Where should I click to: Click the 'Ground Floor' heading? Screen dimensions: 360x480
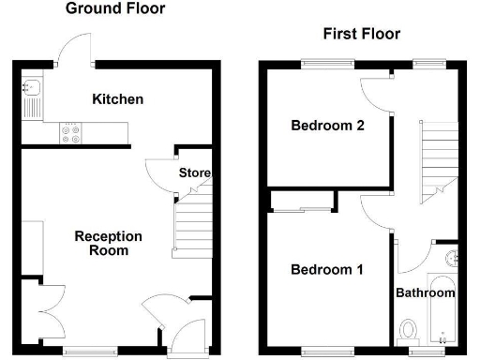(x=116, y=9)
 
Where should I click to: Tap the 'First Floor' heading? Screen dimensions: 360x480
(x=362, y=35)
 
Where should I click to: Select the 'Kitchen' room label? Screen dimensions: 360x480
(x=117, y=98)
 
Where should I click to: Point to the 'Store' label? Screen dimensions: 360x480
(x=195, y=173)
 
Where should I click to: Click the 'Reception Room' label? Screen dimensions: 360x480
(x=109, y=244)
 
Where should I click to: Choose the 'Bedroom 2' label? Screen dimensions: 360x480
(x=326, y=127)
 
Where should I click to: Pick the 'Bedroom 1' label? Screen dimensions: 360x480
(x=326, y=270)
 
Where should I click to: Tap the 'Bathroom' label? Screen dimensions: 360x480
(x=425, y=293)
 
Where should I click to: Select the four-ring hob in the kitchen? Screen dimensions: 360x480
(x=71, y=133)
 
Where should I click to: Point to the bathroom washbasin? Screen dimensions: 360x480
(x=451, y=257)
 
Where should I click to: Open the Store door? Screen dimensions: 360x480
(x=160, y=171)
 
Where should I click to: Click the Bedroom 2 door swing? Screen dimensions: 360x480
(x=374, y=91)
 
